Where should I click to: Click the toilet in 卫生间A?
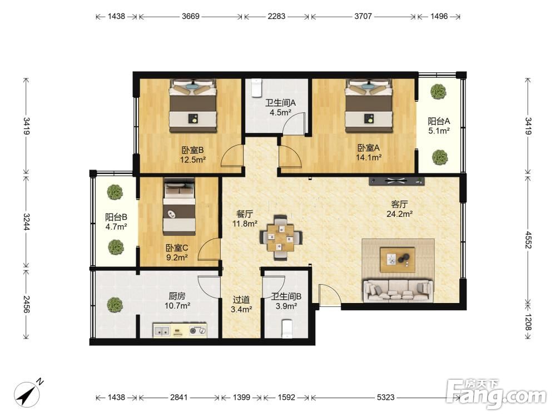click(256, 88)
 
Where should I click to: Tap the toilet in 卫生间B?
click(286, 329)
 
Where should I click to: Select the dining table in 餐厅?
click(281, 237)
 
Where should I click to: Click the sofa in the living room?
click(398, 291)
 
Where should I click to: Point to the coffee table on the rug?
click(398, 260)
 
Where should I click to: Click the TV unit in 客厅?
click(396, 181)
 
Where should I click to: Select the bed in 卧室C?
click(179, 207)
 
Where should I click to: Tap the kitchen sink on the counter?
click(162, 330)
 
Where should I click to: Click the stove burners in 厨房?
click(198, 330)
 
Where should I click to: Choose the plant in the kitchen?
click(115, 305)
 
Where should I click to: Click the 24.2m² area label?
click(399, 214)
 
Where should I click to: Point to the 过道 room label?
click(241, 300)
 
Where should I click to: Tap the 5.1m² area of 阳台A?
click(439, 131)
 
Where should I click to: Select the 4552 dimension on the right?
click(528, 240)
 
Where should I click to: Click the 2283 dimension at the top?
click(276, 16)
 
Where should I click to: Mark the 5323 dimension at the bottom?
click(385, 397)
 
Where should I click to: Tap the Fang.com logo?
click(497, 394)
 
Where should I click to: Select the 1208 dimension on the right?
click(528, 322)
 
